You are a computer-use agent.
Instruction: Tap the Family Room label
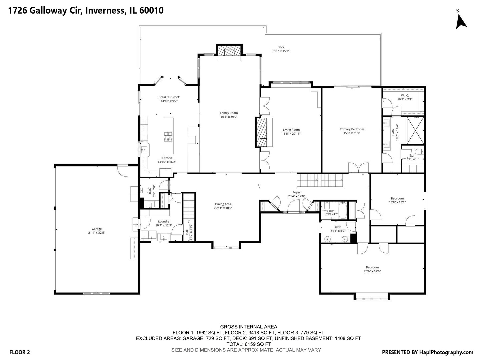[229, 113]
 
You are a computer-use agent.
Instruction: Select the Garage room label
[97, 229]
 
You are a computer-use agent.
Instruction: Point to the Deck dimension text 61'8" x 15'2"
[281, 51]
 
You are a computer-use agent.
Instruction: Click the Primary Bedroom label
[352, 129]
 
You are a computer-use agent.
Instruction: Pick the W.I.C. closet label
[405, 96]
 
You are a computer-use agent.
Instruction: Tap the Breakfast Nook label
[169, 97]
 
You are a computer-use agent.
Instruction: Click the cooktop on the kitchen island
[168, 137]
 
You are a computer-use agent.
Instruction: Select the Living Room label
[291, 130]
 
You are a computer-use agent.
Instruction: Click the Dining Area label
[223, 204]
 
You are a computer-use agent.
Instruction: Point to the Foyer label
[296, 192]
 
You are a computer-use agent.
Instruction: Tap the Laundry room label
[164, 221]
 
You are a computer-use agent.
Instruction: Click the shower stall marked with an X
[415, 130]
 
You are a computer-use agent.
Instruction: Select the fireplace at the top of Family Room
[229, 52]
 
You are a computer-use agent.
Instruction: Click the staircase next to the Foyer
[320, 181]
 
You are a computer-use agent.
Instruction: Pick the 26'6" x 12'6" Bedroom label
[372, 267]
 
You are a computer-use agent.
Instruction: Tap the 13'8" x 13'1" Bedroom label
[397, 198]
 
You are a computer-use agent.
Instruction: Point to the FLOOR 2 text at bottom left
[20, 352]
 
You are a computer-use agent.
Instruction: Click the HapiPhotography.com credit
[446, 352]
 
